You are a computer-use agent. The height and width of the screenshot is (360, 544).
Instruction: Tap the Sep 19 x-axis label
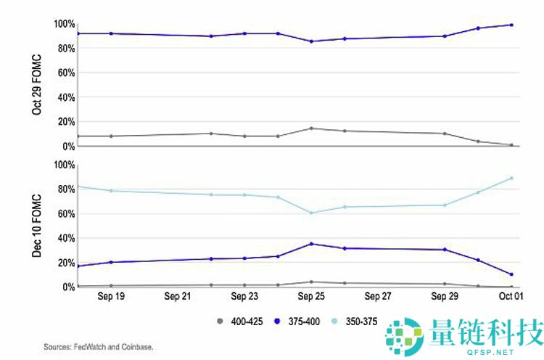(x=110, y=297)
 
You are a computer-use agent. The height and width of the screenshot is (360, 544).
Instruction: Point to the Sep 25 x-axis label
(x=311, y=297)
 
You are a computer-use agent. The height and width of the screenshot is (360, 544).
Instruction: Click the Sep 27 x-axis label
(x=378, y=297)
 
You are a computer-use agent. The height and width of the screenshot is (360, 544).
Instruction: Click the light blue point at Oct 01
(x=511, y=178)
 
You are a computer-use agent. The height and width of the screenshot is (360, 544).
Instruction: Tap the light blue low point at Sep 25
(x=311, y=213)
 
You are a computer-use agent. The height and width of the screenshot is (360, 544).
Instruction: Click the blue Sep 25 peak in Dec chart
(x=311, y=244)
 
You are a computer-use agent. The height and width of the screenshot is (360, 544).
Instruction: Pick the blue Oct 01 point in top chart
(x=511, y=25)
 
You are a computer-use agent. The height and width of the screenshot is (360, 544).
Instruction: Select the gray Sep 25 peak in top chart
(x=311, y=128)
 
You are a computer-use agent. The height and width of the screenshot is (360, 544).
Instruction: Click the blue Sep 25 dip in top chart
(x=311, y=41)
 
